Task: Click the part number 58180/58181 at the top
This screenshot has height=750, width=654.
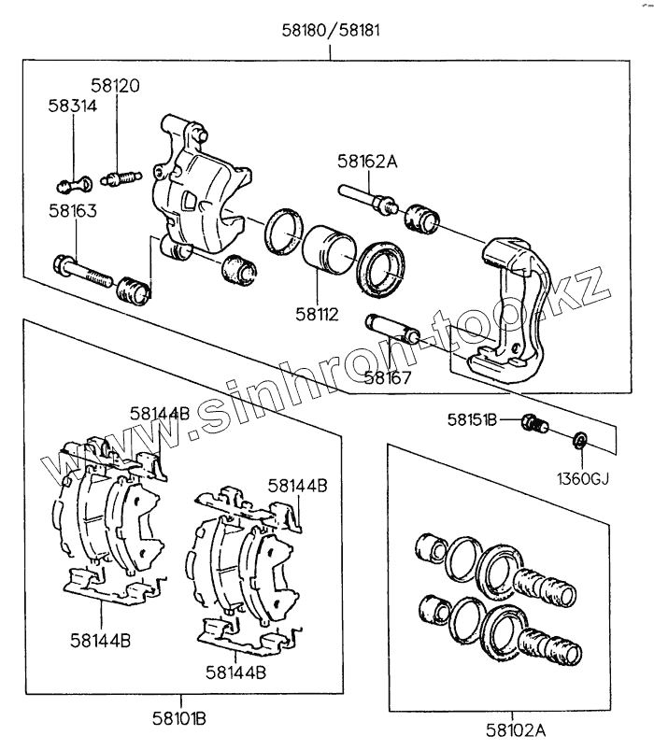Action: [x=330, y=29]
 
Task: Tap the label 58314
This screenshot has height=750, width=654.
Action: [x=72, y=106]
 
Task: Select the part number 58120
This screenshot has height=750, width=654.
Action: [x=115, y=86]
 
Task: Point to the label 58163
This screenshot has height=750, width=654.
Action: [x=72, y=211]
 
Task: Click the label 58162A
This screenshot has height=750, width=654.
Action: [x=367, y=162]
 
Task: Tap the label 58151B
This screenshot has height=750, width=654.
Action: [x=472, y=421]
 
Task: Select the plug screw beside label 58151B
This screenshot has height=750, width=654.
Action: [x=535, y=426]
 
